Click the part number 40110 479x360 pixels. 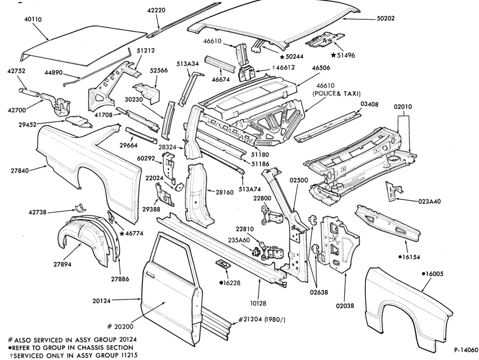point(33,20)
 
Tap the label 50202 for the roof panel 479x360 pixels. point(386,19)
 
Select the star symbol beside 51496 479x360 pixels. point(334,55)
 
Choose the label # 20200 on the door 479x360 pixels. point(120,326)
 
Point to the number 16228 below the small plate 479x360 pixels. point(231,283)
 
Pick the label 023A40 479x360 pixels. point(429,201)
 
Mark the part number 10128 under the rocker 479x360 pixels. point(258,303)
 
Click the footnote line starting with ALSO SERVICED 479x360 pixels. point(72,339)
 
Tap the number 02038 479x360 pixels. point(345,305)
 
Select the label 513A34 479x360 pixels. point(188,64)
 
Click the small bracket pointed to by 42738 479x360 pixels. point(80,207)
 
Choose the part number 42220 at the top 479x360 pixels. point(156,11)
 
